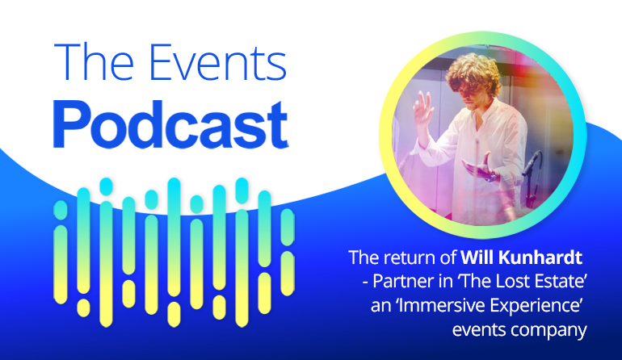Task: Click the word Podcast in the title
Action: pyautogui.click(x=170, y=125)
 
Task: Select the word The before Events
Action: pyautogui.click(x=93, y=61)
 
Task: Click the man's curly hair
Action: pyautogui.click(x=473, y=73)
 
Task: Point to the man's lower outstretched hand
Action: pyautogui.click(x=480, y=169)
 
